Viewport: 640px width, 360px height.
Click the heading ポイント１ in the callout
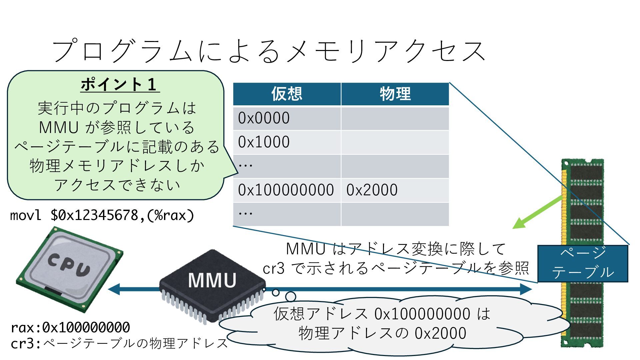coord(120,84)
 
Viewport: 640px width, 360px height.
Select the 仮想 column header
coord(287,94)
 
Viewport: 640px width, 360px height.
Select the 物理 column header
coord(395,94)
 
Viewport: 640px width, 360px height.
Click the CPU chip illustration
coord(69,269)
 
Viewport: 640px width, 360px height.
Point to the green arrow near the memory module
coord(537,213)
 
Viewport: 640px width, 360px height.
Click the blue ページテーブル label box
coord(583,263)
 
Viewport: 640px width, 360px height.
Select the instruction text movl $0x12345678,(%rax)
coord(102,215)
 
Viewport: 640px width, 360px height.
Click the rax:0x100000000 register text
coord(70,328)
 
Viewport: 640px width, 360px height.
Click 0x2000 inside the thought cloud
coord(440,333)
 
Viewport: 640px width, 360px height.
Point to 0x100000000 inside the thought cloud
coord(422,314)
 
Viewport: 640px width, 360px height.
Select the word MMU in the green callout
coord(59,127)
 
